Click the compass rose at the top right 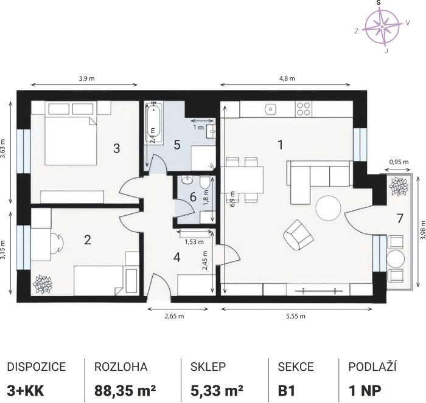382,27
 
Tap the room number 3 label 117,148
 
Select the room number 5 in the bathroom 177,145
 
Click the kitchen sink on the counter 270,109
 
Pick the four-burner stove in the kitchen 304,109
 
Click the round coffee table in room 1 328,208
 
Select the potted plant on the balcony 399,187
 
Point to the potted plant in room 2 43,284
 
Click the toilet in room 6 204,182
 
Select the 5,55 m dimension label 296,316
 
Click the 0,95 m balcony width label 399,162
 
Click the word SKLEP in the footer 208,367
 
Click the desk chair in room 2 56,243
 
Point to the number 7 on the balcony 399,219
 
